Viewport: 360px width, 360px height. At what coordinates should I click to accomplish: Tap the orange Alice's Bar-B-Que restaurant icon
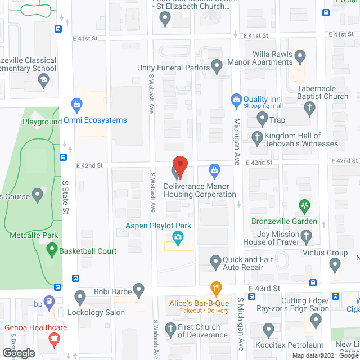point(215,288)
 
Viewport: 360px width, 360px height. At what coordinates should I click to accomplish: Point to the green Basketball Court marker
point(52,247)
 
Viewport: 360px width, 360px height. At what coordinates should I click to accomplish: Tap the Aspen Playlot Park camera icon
point(178,238)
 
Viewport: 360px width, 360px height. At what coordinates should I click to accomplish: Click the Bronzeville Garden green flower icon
point(305,206)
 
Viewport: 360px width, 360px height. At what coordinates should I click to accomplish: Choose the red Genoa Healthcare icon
point(54,339)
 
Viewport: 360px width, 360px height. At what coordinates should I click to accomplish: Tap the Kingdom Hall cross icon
point(257,136)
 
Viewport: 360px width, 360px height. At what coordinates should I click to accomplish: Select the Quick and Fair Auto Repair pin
point(215,261)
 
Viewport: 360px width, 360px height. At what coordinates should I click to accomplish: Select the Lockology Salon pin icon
point(80,295)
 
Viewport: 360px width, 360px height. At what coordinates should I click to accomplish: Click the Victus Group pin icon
point(335,263)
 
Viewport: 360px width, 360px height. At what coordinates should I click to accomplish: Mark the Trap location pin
point(262,118)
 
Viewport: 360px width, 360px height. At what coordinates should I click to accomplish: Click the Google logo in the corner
point(19,353)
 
